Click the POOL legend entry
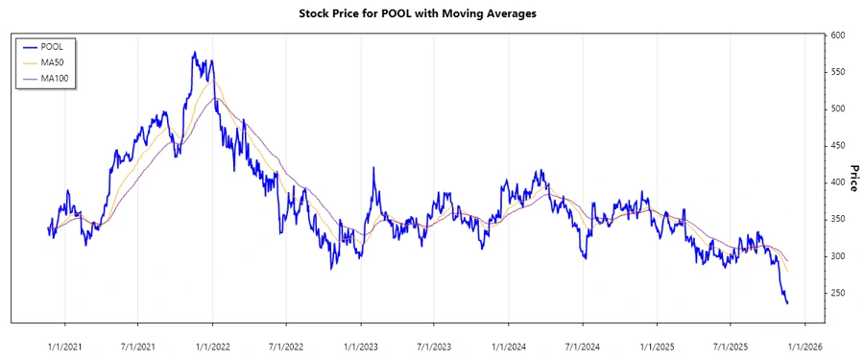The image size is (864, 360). tap(55, 45)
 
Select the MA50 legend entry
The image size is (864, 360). tap(55, 61)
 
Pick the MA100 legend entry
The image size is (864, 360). tap(57, 78)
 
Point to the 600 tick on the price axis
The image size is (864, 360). tap(839, 36)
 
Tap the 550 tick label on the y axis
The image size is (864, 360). tap(839, 72)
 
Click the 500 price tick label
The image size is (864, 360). tap(839, 109)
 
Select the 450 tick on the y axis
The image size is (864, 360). tap(839, 146)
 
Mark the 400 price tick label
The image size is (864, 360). tap(839, 182)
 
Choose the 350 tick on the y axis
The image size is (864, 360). tap(839, 220)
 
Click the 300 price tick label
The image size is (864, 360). tap(839, 256)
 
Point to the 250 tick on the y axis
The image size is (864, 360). tap(839, 293)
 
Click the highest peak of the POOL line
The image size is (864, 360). tap(194, 53)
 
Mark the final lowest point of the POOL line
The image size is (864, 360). tap(788, 303)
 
